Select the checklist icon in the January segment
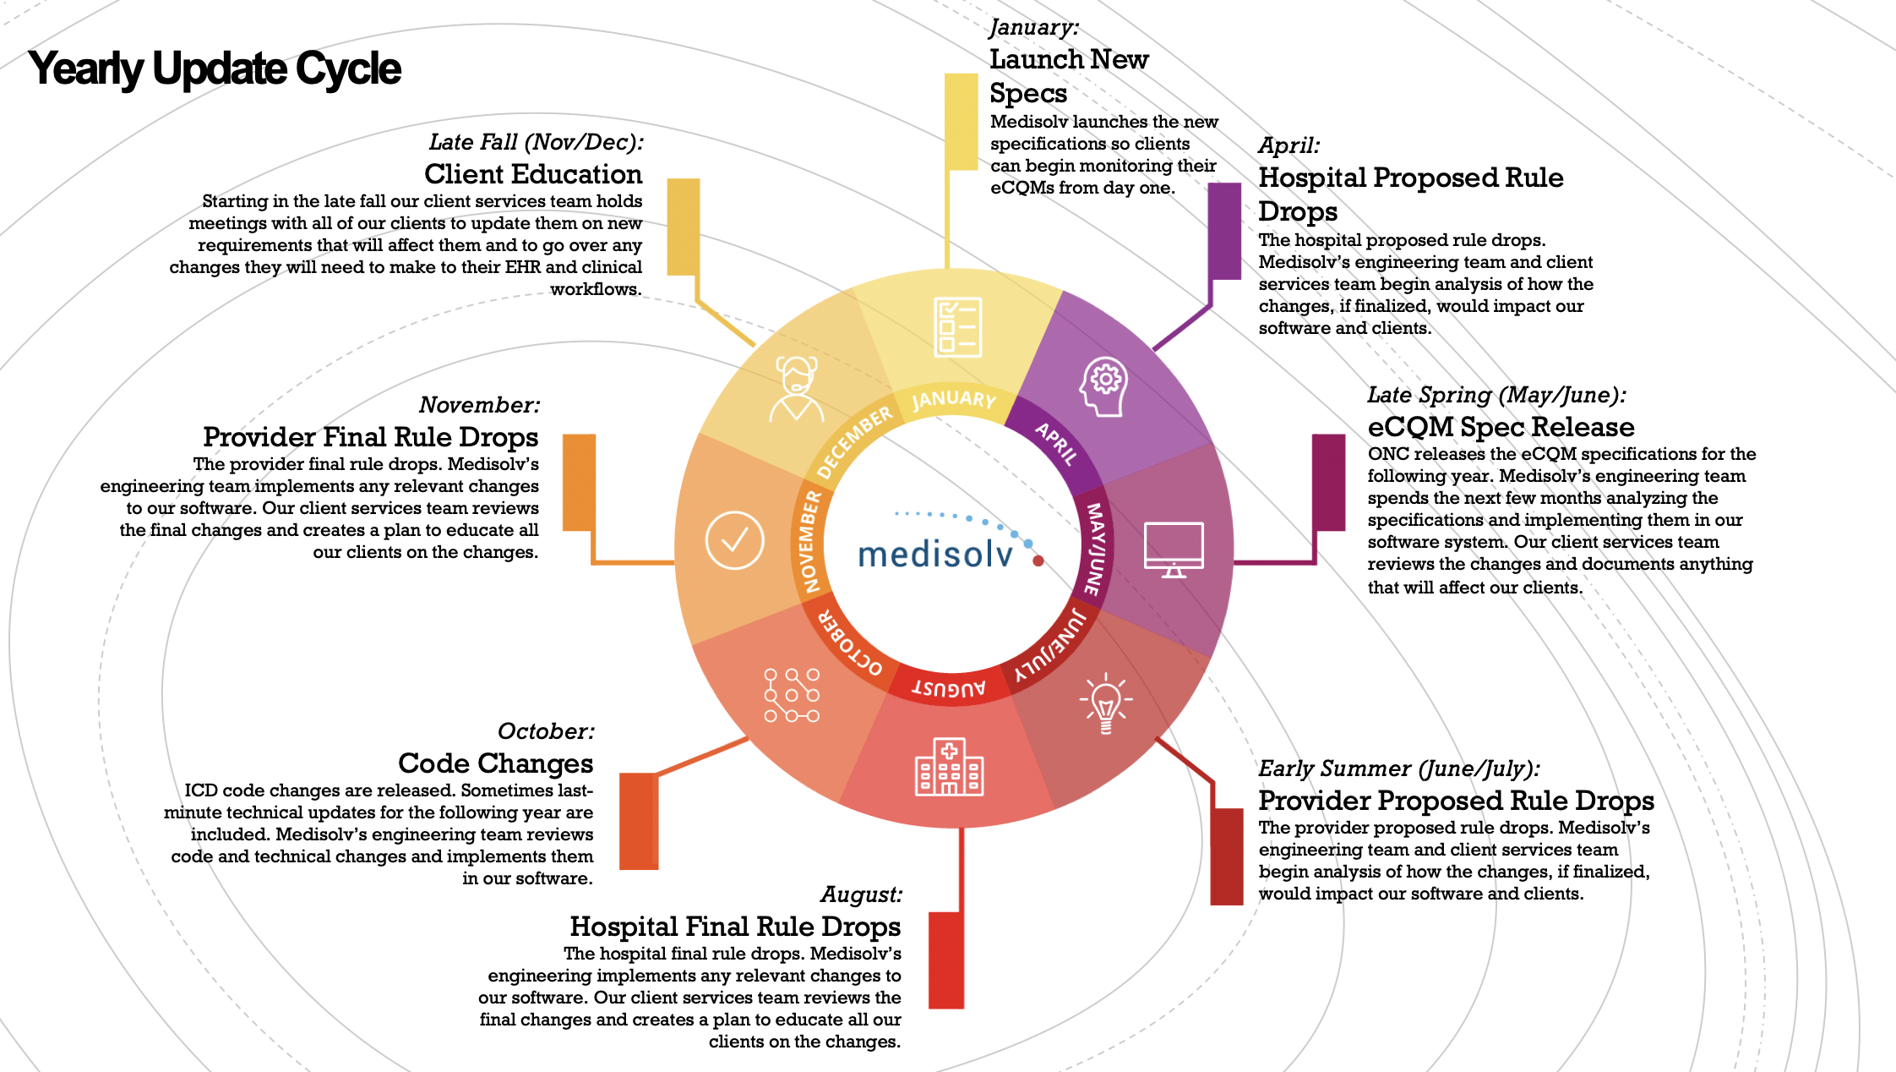958,326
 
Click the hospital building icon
950,766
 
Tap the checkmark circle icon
734,540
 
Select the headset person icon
796,389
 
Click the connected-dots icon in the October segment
792,695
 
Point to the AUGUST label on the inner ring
949,687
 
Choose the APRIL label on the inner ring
1057,443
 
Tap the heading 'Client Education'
533,174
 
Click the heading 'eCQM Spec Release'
1501,427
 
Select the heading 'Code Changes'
496,763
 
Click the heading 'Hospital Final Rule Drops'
735,927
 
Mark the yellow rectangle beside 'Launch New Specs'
961,122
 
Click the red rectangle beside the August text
946,960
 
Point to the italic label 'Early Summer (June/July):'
1399,768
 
